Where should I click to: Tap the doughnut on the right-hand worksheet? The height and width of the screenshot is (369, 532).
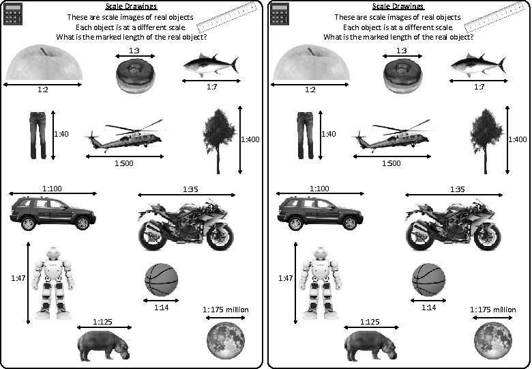[x=403, y=74]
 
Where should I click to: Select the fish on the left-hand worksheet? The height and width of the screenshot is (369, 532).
[x=210, y=66]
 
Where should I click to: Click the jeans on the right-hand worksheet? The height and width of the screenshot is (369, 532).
[x=304, y=135]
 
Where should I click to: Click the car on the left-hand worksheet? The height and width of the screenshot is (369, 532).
[x=51, y=213]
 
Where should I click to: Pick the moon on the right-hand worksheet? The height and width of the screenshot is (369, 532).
[x=493, y=340]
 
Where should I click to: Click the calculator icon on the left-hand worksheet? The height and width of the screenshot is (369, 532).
[x=13, y=14]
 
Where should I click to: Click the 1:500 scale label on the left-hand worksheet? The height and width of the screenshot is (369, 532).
[x=123, y=163]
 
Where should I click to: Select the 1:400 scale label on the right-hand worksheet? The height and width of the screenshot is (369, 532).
[x=518, y=139]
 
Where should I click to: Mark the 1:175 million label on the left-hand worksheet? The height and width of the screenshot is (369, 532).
[x=226, y=310]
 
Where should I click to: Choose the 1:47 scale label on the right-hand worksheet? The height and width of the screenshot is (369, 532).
[x=285, y=278]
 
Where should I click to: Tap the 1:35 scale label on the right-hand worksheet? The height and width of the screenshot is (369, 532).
[x=457, y=188]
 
